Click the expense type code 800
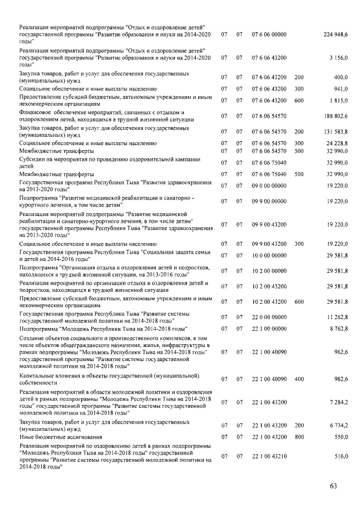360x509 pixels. [x=299, y=436]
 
